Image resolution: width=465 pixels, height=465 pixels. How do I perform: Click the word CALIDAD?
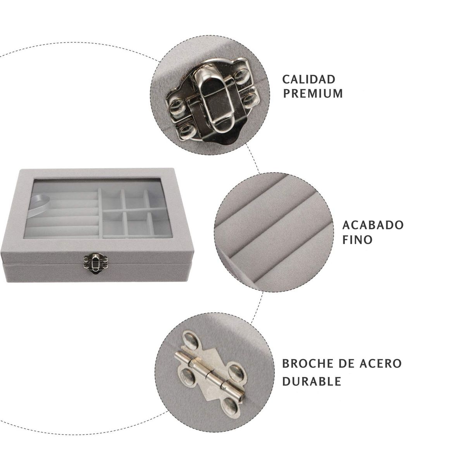[308, 79]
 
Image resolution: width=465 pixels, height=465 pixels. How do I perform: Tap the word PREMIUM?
[313, 93]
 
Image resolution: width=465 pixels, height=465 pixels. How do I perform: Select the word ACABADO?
[373, 225]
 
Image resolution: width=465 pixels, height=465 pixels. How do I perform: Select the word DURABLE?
[312, 388]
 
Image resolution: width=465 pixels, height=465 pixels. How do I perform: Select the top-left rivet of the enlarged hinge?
[192, 340]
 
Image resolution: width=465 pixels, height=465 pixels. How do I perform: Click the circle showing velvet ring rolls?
[274, 232]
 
